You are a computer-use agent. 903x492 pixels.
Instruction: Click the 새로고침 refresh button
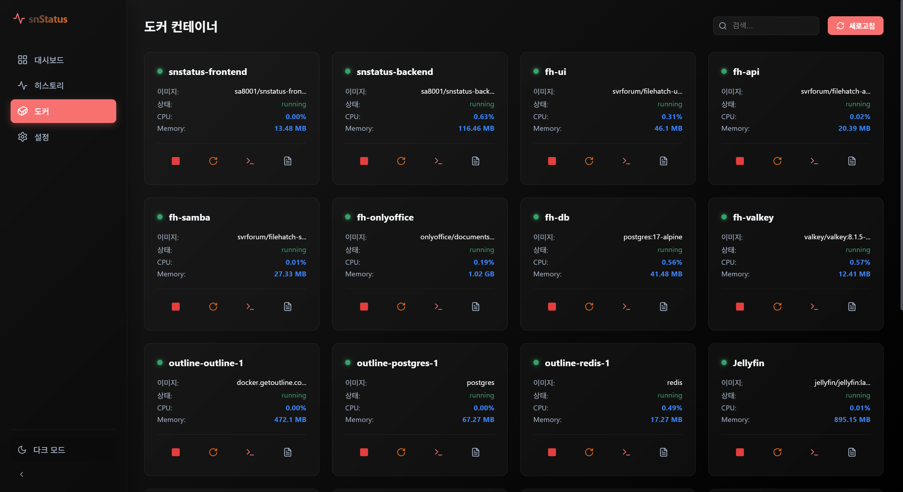(x=855, y=26)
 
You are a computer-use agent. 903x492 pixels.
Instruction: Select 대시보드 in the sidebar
(x=49, y=60)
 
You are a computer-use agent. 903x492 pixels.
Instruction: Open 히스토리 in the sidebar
(x=49, y=86)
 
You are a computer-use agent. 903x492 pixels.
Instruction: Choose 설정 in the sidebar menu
(x=41, y=137)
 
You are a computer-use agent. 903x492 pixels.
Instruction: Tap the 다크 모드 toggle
(x=49, y=450)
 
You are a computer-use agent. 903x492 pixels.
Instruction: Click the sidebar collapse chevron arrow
(x=22, y=474)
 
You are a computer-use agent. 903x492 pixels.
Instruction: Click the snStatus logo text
(x=48, y=19)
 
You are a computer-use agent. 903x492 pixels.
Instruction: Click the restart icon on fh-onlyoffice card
(x=401, y=306)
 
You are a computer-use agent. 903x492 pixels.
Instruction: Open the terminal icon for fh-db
(x=626, y=306)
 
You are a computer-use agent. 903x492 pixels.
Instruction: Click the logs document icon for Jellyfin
(x=852, y=452)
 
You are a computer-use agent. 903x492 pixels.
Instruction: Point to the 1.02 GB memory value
(x=481, y=274)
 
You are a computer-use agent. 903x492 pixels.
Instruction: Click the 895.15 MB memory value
(x=852, y=420)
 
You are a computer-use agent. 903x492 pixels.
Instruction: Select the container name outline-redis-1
(x=577, y=363)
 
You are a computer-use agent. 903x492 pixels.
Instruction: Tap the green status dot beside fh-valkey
(x=724, y=217)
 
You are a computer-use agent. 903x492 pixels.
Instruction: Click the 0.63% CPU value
(x=484, y=117)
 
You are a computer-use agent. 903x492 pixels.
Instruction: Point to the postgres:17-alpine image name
(x=653, y=237)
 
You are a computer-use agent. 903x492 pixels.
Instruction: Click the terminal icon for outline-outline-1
(x=250, y=452)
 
